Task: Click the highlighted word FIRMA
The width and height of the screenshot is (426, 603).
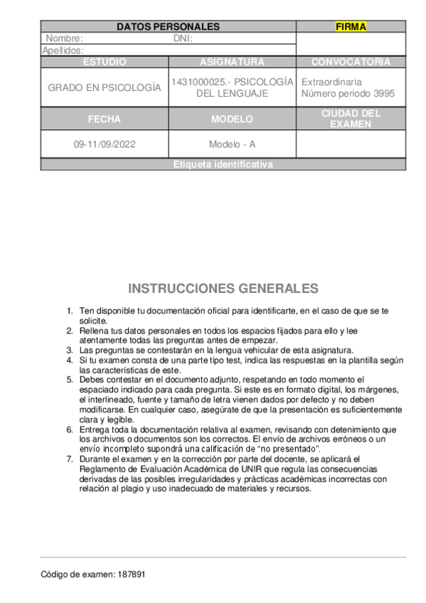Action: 351,27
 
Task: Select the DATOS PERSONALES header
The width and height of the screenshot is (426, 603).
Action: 168,27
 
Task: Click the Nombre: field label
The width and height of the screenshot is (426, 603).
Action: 64,39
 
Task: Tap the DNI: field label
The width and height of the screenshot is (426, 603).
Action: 183,39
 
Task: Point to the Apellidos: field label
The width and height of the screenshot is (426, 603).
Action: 63,50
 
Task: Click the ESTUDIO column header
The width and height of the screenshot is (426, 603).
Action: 105,62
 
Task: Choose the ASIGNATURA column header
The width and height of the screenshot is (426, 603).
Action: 232,62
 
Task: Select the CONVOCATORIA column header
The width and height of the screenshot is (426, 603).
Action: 351,62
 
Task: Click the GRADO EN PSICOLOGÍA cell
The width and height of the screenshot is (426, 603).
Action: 105,87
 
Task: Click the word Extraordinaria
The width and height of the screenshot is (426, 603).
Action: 331,82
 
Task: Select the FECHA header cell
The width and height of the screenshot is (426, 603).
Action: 105,119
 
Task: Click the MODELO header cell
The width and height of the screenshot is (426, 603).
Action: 232,119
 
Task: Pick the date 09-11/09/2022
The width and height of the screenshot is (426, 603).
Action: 105,144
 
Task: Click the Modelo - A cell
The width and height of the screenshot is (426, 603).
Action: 232,144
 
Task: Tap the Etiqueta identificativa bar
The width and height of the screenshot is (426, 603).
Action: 223,164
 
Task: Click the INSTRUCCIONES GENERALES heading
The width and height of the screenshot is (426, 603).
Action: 223,289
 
